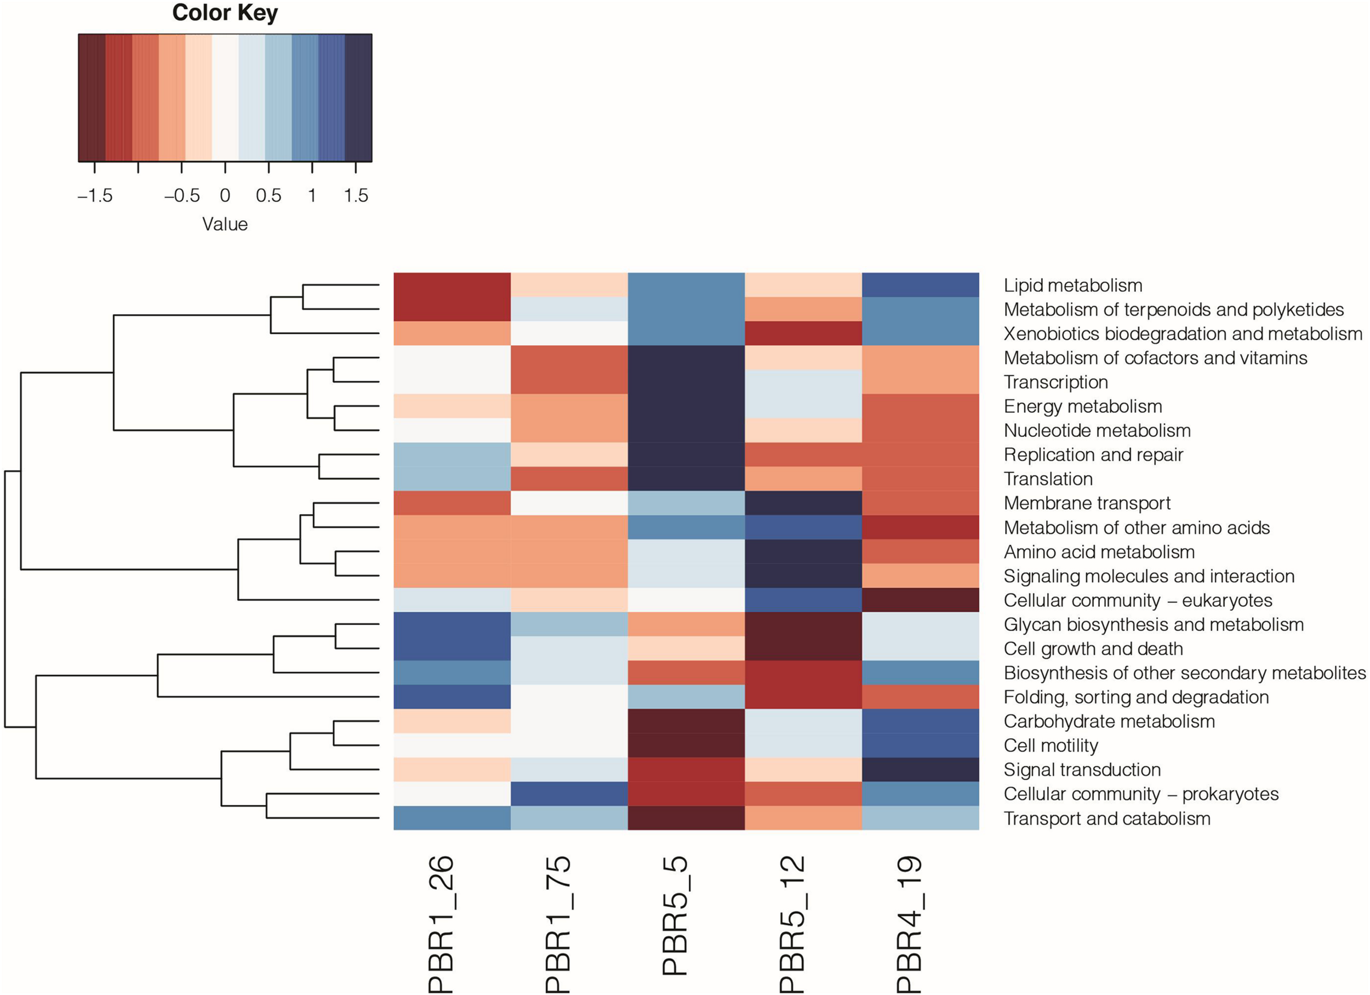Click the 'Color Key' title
(225, 13)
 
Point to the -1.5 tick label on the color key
(95, 196)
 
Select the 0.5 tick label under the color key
(268, 196)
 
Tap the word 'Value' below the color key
(225, 225)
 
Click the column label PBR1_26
(441, 924)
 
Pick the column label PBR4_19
(909, 924)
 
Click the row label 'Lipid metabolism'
(1073, 285)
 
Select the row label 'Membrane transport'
(1087, 503)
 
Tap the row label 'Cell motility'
(1051, 746)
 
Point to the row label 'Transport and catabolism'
(1106, 818)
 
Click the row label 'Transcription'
(1055, 382)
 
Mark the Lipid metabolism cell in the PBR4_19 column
(920, 285)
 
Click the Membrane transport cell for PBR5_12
(803, 503)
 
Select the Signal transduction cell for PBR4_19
(920, 770)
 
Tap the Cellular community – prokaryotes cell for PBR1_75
(569, 794)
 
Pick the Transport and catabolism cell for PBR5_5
(686, 818)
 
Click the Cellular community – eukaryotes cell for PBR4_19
(920, 600)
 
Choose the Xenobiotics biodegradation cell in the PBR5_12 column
(803, 333)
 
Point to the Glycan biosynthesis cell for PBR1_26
(452, 624)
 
